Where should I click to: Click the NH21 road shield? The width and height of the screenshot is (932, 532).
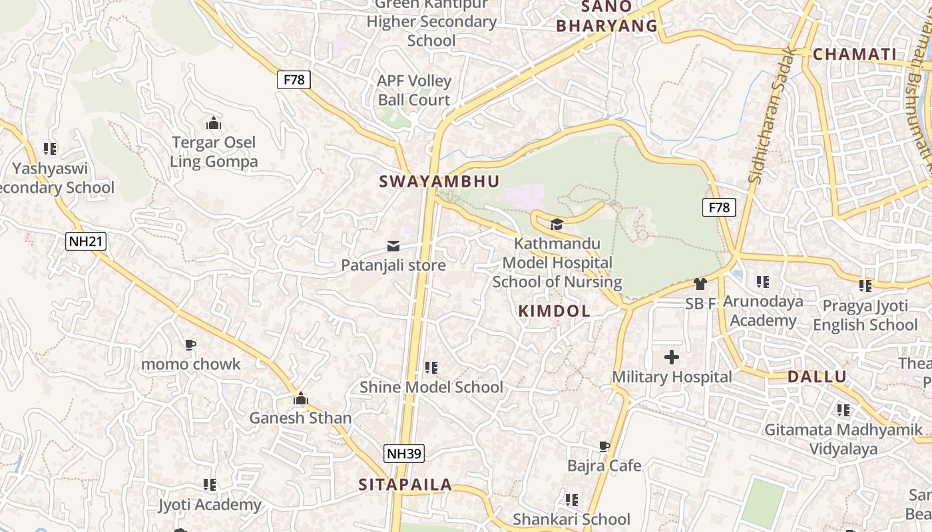tap(87, 241)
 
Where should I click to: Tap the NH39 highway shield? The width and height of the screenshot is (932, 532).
tap(404, 454)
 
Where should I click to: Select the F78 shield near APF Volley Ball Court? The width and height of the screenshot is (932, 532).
tap(294, 80)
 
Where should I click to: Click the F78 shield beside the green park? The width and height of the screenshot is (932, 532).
tap(719, 207)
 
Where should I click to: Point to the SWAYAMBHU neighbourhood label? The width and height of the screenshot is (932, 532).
tap(439, 182)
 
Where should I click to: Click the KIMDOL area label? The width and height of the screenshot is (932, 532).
tap(554, 311)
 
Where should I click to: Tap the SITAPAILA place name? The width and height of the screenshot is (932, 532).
tap(405, 485)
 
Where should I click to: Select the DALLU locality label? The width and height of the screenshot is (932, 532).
tap(817, 377)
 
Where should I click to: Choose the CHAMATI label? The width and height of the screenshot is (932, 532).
tap(855, 55)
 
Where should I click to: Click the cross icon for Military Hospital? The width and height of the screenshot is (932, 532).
tap(672, 358)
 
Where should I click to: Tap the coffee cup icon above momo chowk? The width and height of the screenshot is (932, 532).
tap(190, 344)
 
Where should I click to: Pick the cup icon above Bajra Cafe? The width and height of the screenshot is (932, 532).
tap(604, 446)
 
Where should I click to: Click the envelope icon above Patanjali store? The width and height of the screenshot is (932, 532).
tap(393, 247)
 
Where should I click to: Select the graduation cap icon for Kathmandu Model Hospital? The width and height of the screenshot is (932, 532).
tap(557, 225)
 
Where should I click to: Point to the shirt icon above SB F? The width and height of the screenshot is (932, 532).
tap(700, 284)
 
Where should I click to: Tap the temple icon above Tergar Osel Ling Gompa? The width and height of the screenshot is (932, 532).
tap(213, 123)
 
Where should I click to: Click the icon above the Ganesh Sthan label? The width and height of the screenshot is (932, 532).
tap(300, 398)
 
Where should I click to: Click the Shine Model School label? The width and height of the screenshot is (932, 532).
tap(431, 387)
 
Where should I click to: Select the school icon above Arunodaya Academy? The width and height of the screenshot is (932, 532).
tap(763, 282)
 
